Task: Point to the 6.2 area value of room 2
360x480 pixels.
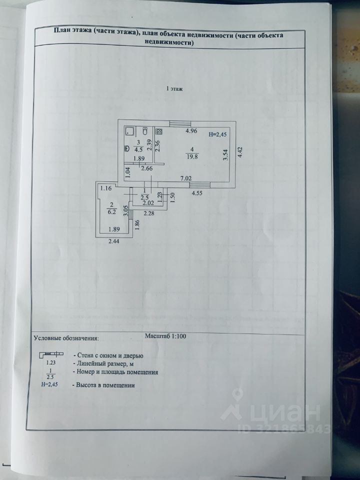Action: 111,211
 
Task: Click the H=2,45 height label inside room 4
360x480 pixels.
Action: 217,134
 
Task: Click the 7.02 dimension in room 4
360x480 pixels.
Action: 186,178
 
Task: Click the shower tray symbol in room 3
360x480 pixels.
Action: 129,131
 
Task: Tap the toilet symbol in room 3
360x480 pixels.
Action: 144,132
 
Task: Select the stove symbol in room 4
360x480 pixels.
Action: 159,131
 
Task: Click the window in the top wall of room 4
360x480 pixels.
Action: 179,123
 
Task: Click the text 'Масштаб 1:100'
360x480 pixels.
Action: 165,336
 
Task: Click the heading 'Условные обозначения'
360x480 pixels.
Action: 66,338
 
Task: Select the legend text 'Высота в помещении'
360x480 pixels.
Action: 103,385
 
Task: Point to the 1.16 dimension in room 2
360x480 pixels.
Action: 105,188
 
